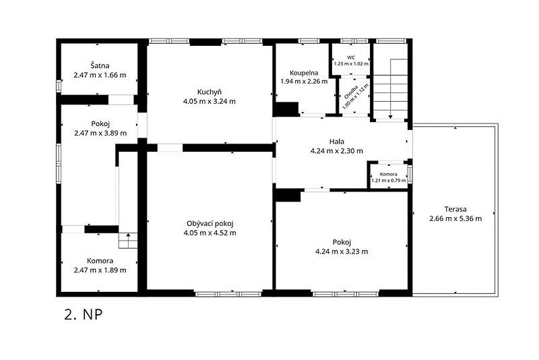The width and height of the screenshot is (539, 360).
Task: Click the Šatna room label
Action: point(100,65)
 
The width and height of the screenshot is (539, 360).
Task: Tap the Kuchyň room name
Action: point(210,92)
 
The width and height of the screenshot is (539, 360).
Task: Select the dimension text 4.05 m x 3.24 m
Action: point(210,101)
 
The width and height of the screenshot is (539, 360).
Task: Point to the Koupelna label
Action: point(304,73)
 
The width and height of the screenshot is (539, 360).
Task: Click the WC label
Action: point(351,58)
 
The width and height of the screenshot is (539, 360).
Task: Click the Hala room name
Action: point(336,142)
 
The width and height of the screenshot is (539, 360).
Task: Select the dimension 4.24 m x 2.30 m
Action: point(336,150)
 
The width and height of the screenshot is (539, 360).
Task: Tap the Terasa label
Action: point(455,209)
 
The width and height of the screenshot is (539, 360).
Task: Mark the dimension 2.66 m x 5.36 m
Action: point(455,218)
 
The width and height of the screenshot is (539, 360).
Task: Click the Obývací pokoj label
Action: point(210,224)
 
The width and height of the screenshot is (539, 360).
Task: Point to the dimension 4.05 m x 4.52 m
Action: point(210,233)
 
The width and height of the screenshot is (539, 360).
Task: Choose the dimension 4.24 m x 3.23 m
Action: point(342,251)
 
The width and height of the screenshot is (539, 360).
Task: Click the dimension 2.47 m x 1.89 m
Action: point(100,270)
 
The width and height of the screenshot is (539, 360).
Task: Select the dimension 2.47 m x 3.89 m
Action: point(100,133)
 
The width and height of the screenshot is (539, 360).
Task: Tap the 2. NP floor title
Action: point(84,315)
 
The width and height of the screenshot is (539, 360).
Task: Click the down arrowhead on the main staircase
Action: point(391,117)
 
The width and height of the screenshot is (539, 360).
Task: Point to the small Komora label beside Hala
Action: point(389,175)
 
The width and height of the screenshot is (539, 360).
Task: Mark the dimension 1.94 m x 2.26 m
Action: point(304,82)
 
